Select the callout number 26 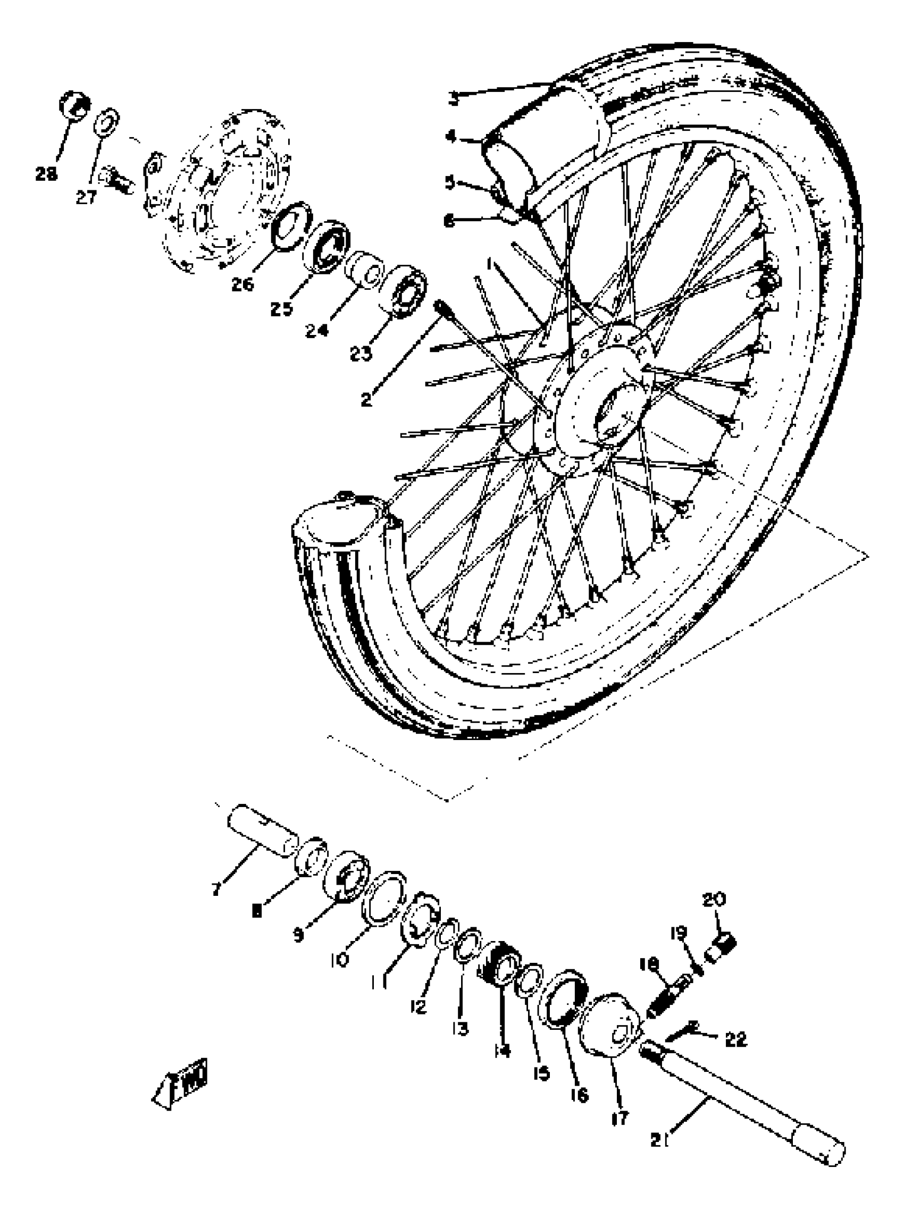tap(242, 284)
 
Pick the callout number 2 tap(366, 399)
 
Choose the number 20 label tap(713, 899)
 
